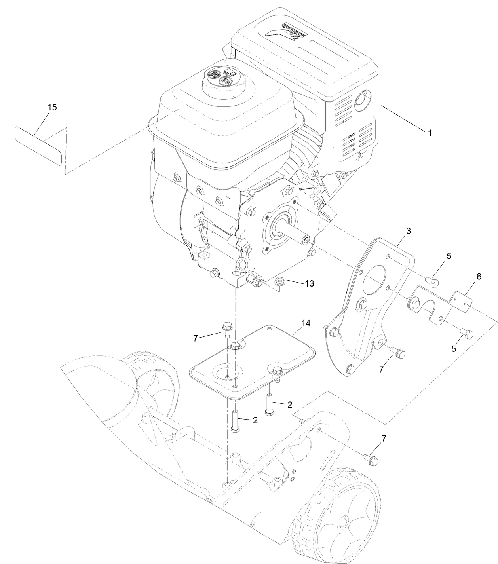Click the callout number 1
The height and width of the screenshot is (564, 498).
tap(430, 133)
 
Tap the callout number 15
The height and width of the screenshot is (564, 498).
tap(52, 107)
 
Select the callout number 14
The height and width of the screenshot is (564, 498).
tap(305, 323)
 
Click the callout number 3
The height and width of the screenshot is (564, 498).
tap(408, 230)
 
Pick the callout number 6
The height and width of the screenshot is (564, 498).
tap(479, 277)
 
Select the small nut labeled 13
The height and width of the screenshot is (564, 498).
tap(280, 281)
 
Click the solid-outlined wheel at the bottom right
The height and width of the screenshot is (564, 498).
tap(336, 522)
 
